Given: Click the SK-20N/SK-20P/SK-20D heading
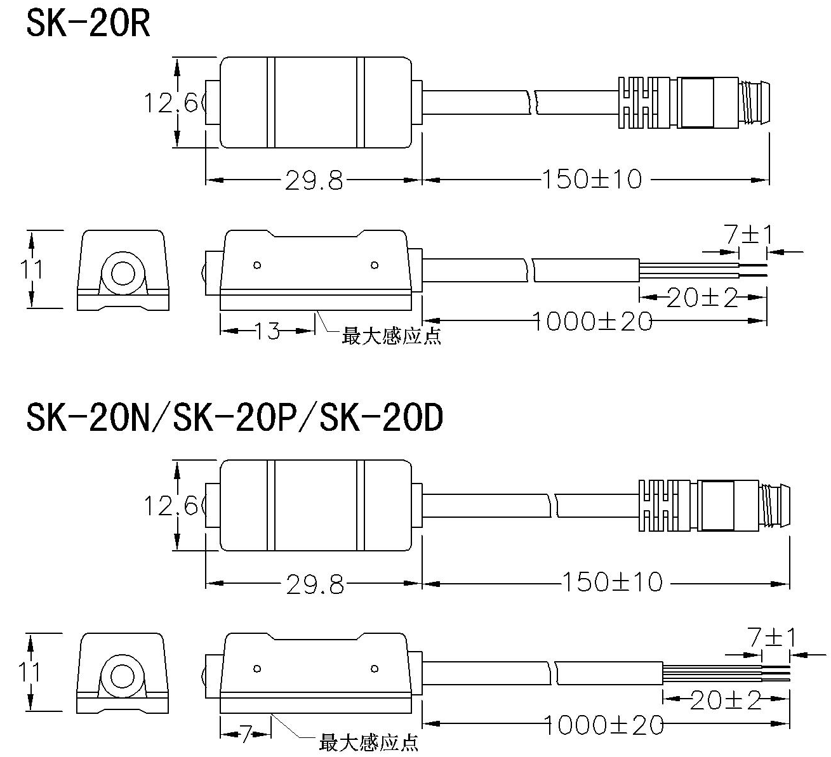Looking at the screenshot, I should tap(234, 419).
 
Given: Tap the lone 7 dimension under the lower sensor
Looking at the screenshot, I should tap(246, 734).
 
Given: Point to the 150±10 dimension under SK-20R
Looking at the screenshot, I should tap(592, 180).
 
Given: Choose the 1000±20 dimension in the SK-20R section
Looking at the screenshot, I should tap(592, 322).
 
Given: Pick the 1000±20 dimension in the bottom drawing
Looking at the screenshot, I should tap(604, 724).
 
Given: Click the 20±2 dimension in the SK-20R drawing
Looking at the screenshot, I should tap(702, 297).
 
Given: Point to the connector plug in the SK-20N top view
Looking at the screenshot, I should tap(714, 505).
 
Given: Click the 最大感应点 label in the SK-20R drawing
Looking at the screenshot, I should tap(391, 336).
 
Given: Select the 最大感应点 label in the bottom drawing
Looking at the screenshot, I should tap(369, 742).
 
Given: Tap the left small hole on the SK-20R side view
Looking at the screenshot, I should tap(257, 265).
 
